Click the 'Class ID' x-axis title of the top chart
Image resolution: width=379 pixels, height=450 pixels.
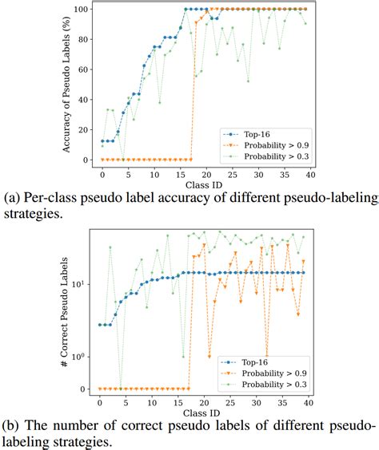click(x=206, y=185)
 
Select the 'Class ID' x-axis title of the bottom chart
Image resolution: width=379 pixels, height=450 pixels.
click(x=205, y=416)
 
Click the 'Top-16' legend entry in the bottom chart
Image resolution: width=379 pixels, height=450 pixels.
click(x=247, y=360)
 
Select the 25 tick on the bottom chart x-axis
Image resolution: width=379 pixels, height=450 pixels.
click(x=231, y=403)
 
